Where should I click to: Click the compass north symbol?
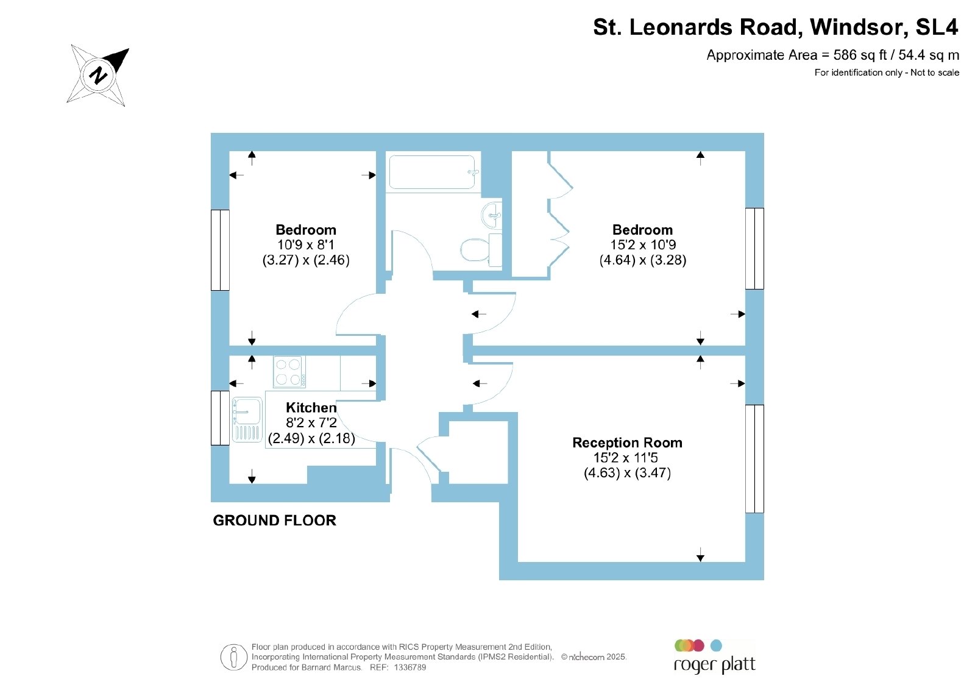98,76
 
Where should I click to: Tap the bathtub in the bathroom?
433,172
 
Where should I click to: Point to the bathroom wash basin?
492,215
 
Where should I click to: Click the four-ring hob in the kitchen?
289,372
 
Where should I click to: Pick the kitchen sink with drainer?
247,419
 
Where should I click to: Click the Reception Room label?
627,443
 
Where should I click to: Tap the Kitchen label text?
311,407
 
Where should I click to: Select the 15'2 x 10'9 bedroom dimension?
643,244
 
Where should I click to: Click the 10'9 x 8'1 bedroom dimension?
306,244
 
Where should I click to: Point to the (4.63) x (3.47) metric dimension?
627,473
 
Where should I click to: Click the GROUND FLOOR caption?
275,521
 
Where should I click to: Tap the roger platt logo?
714,657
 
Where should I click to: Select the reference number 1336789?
410,667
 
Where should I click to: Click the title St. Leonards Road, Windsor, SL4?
776,27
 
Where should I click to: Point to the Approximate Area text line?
832,55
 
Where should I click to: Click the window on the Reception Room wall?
755,459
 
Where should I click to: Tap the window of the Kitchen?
220,418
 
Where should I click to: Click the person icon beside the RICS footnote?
234,657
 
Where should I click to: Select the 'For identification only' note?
887,73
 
